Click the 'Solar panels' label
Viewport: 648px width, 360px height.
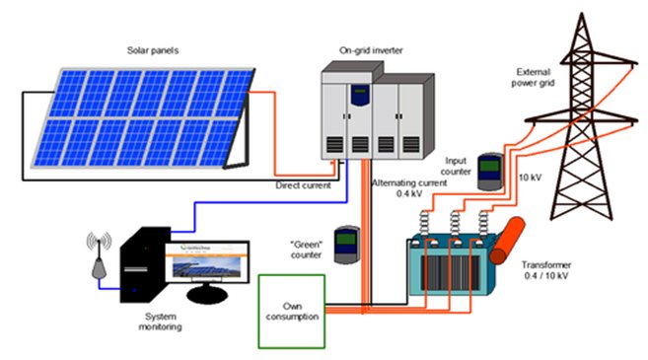(x=152, y=49)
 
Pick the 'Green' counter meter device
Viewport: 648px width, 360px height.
(x=344, y=246)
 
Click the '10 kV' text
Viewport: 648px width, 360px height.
(x=529, y=179)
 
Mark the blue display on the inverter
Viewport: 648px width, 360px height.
(x=362, y=96)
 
